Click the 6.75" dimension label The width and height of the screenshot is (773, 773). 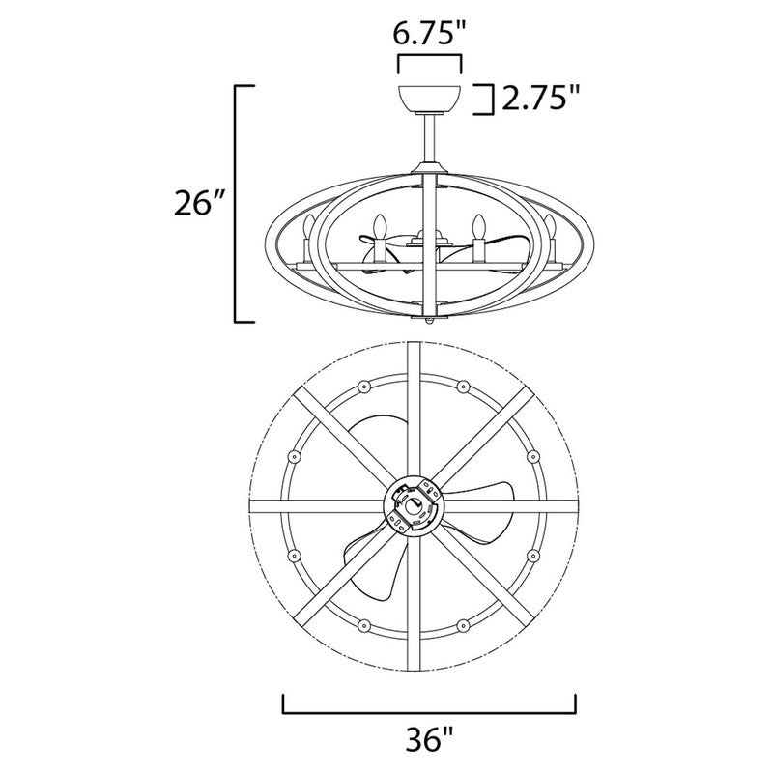[429, 34]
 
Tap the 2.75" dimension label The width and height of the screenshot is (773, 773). [539, 99]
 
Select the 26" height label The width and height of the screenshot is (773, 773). [199, 204]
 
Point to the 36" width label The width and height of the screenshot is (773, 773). [429, 739]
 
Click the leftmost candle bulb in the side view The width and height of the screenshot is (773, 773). [308, 227]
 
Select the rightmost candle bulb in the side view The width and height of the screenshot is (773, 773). [550, 227]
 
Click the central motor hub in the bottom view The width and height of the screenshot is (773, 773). [414, 505]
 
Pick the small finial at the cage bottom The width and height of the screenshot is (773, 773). [429, 321]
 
